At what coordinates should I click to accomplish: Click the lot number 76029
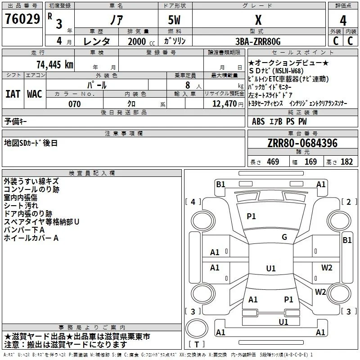[x=22, y=19]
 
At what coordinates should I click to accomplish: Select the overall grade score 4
[x=343, y=21]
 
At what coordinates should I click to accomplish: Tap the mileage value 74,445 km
[x=55, y=64]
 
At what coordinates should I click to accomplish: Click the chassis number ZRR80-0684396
[x=302, y=143]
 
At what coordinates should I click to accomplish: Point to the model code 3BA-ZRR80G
[x=258, y=41]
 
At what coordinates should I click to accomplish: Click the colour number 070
[x=75, y=104]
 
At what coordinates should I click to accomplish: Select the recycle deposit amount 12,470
[x=224, y=103]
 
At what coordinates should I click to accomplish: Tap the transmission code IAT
[x=13, y=94]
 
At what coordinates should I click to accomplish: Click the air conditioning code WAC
[x=35, y=94]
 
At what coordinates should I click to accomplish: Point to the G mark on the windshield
[x=284, y=237]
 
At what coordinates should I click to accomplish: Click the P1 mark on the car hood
[x=251, y=216]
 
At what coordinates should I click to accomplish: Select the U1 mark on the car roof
[x=271, y=268]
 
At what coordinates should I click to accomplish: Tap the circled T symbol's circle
[x=197, y=328]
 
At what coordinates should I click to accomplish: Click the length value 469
[x=273, y=162]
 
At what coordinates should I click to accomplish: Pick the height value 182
[x=346, y=162]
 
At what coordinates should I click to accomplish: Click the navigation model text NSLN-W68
[x=289, y=71]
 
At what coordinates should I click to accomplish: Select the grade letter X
[x=258, y=20]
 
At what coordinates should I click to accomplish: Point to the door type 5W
[x=174, y=20]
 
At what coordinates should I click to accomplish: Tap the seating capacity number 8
[x=188, y=85]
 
